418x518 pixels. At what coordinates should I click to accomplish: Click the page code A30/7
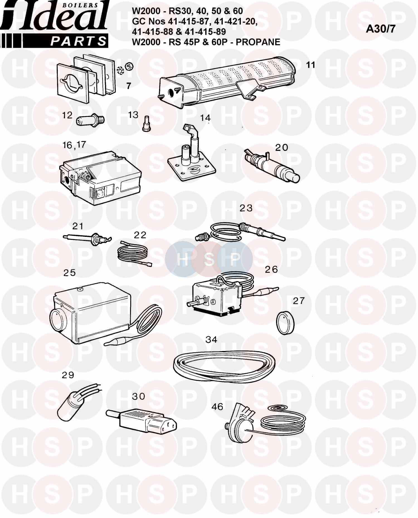click(x=380, y=29)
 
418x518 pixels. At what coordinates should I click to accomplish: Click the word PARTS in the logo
click(x=78, y=42)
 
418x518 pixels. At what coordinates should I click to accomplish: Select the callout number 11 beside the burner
click(x=310, y=65)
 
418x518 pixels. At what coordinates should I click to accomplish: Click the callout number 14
click(x=205, y=118)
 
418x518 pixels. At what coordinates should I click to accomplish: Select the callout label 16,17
click(x=74, y=145)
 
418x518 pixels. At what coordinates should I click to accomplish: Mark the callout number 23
click(x=246, y=208)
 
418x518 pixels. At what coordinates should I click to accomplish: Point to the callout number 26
click(x=271, y=269)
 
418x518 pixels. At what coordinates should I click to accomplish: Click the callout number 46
click(x=217, y=407)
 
